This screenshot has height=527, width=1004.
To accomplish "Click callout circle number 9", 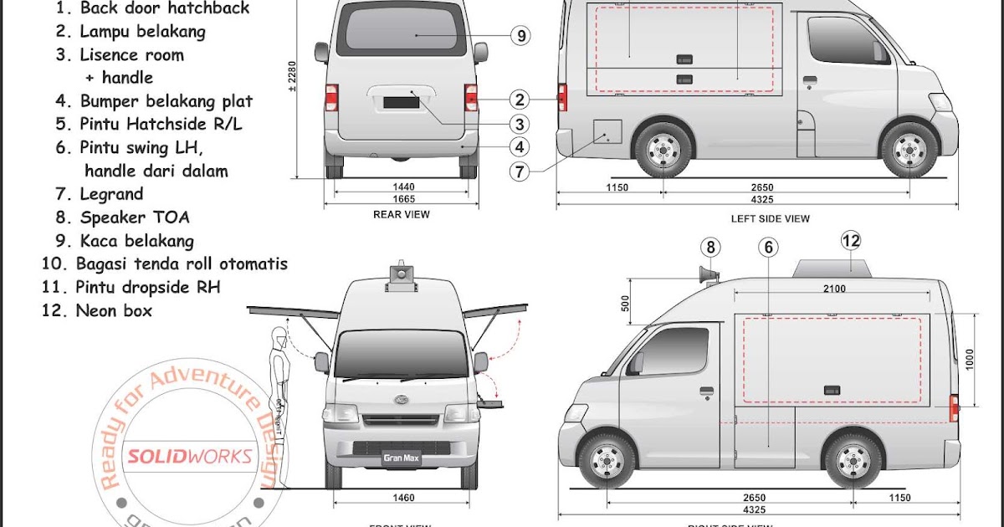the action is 521,36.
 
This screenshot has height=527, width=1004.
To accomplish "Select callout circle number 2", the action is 520,100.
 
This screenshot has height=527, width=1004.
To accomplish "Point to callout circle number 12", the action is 851,241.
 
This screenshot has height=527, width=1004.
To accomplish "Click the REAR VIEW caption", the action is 402,215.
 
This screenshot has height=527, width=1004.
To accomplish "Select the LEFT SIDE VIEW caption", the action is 770,219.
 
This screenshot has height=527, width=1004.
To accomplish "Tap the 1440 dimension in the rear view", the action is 402,187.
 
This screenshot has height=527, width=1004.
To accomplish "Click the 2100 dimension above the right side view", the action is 833,289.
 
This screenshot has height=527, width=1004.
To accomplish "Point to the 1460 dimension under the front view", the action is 402,498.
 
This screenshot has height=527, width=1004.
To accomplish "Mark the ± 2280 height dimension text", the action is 292,77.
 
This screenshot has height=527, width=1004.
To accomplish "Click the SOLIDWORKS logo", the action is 190,457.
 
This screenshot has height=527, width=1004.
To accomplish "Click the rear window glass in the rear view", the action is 402,32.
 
